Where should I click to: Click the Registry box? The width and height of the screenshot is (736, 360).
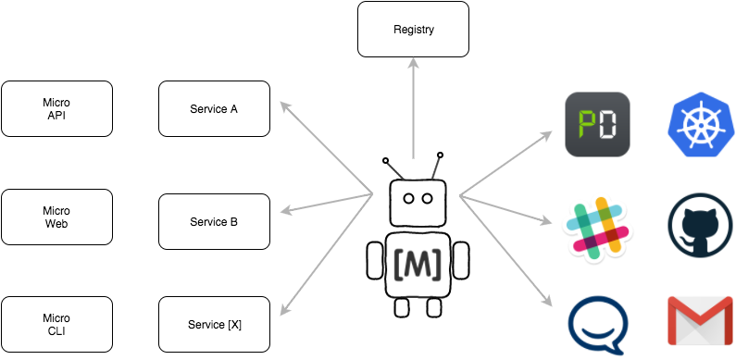413,29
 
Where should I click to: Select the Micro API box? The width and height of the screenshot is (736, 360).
56,109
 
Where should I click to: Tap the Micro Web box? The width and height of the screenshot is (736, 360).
56,217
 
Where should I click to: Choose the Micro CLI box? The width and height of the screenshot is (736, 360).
56,324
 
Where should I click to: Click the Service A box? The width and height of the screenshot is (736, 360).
214,109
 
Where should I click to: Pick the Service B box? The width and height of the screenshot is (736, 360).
214,221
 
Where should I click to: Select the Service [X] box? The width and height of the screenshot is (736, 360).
214,324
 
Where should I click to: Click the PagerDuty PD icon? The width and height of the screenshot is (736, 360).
597,124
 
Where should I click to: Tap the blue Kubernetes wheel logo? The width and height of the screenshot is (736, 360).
700,124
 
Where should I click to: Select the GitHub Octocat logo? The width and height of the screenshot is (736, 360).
700,225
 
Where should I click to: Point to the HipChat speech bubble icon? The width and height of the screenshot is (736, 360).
598,325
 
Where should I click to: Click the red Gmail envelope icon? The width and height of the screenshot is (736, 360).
700,320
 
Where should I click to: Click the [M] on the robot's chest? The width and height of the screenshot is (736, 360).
418,266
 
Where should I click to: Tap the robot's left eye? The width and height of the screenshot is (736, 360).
408,199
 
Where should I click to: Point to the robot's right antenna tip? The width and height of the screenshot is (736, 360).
440,155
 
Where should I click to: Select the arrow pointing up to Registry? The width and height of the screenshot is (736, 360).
413,108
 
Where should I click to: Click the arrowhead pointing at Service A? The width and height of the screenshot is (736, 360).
285,106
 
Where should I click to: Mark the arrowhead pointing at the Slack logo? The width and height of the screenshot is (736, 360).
546,220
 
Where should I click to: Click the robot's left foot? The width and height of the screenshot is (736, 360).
402,307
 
